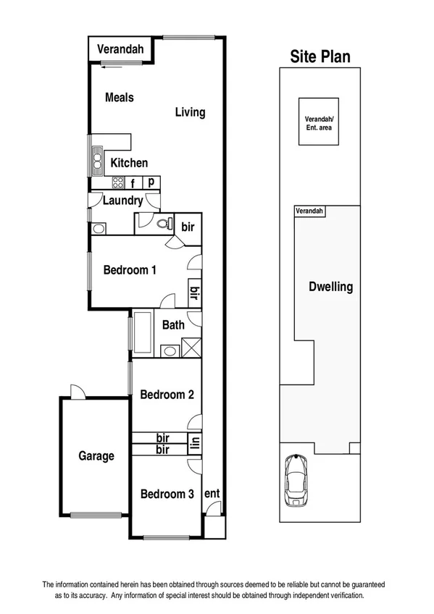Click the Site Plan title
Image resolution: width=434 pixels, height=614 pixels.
(320, 56)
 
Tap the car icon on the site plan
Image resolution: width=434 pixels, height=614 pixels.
(296, 480)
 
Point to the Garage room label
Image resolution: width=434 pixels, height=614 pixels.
(96, 456)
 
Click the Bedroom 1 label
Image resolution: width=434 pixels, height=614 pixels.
(130, 270)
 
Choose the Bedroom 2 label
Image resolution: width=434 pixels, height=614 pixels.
(167, 395)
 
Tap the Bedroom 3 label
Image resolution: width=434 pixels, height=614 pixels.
(167, 495)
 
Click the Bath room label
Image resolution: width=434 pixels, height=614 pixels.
(173, 325)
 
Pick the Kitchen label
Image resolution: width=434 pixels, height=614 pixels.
(129, 163)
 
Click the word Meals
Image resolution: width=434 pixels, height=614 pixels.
(120, 97)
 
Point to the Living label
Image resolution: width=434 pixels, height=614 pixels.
(190, 112)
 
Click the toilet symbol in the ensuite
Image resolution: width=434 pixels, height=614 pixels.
(163, 224)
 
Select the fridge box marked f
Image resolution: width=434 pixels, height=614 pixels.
(133, 182)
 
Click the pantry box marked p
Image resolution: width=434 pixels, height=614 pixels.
(151, 182)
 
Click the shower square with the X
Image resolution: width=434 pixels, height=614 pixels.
(191, 348)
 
